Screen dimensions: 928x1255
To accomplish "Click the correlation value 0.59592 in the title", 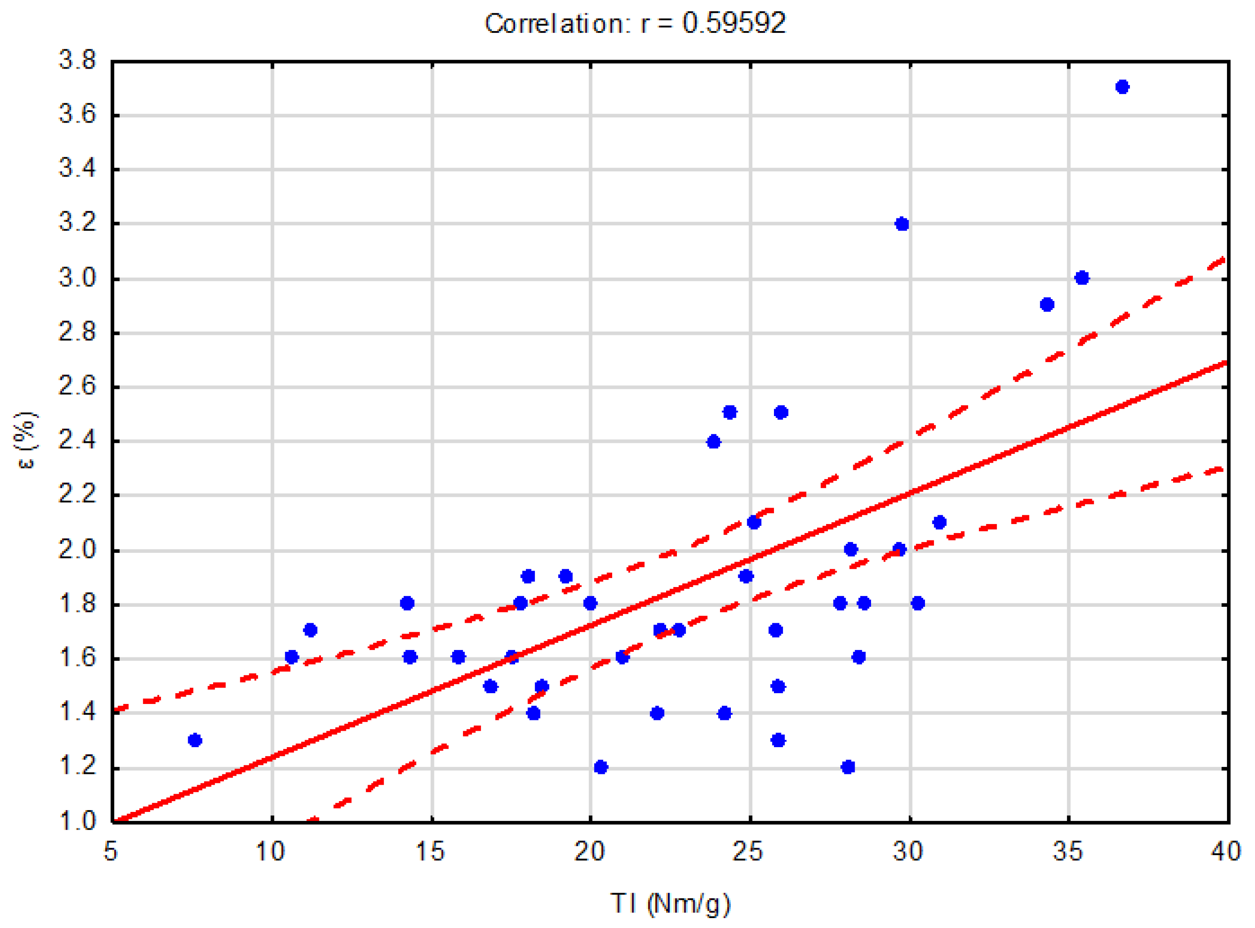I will tap(734, 24).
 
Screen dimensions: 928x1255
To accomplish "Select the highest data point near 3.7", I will tap(1122, 87).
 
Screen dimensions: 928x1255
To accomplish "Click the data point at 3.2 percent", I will tap(902, 224).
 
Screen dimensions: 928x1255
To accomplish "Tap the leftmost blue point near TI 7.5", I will tap(195, 740).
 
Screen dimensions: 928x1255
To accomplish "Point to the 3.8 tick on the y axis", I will tap(78, 60).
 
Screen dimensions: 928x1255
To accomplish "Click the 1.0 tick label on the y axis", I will tap(78, 821).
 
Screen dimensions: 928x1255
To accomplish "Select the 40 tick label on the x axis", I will tap(1226, 852).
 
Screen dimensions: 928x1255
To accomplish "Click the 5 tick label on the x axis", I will tap(111, 852).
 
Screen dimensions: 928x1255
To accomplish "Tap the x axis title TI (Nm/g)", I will tap(670, 903).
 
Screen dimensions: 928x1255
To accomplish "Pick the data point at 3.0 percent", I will tap(1082, 278).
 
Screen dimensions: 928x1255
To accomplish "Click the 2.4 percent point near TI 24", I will tap(714, 442).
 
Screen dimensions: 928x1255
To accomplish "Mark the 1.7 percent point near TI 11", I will tap(310, 630).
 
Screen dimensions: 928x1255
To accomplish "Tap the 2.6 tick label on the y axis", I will tap(78, 386).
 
